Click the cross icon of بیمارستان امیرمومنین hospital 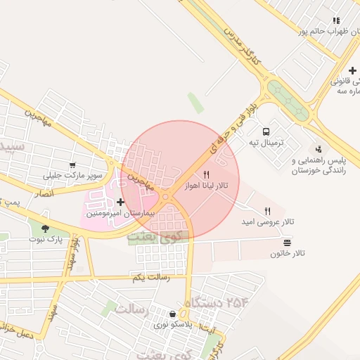pos(120,202)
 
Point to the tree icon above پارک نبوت pos(46,229)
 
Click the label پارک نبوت pos(46,239)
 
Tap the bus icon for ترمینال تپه pos(266,131)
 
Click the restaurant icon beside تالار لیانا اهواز pos(206,174)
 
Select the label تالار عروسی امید pos(268,221)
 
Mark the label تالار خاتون pos(285,253)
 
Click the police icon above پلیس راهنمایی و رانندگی pos(319,149)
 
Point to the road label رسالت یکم pos(151,278)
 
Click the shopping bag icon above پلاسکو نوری pos(173,314)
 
